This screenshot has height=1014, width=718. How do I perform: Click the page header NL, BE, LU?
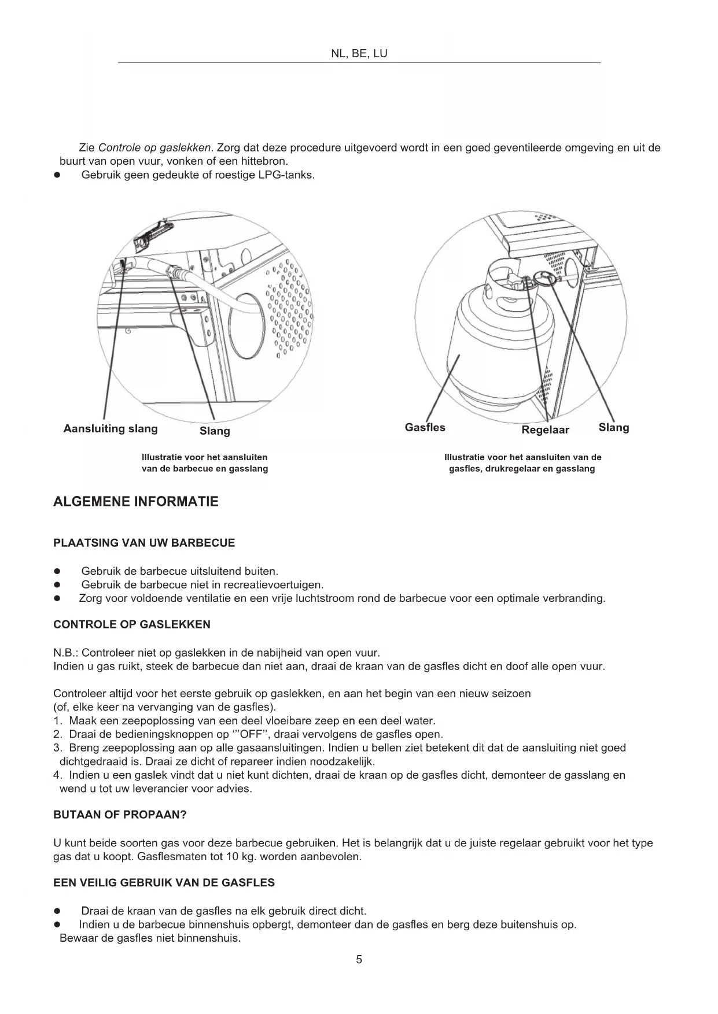pyautogui.click(x=359, y=54)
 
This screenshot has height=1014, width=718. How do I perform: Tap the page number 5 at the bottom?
pyautogui.click(x=359, y=960)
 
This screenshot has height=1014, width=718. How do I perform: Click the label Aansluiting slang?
pyautogui.click(x=111, y=428)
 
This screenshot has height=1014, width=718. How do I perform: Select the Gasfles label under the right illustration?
pyautogui.click(x=425, y=427)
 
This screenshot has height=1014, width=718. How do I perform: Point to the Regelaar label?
pyautogui.click(x=545, y=430)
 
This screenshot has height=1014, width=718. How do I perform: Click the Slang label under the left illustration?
pyautogui.click(x=215, y=431)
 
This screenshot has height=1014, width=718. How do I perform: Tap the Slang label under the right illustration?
pyautogui.click(x=613, y=427)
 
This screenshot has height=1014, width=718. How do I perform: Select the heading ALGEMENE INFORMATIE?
pyautogui.click(x=136, y=501)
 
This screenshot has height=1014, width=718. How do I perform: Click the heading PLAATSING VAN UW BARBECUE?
pyautogui.click(x=144, y=543)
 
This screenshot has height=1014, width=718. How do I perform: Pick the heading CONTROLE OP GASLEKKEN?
pyautogui.click(x=132, y=624)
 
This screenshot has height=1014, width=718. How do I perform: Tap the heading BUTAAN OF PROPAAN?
pyautogui.click(x=120, y=815)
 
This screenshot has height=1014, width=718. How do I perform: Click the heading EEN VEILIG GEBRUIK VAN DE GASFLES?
pyautogui.click(x=164, y=883)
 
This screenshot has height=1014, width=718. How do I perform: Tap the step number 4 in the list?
pyautogui.click(x=57, y=775)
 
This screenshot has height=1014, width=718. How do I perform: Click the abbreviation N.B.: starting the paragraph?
pyautogui.click(x=66, y=653)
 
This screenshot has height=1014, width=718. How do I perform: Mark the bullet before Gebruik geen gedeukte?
pyautogui.click(x=57, y=175)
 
